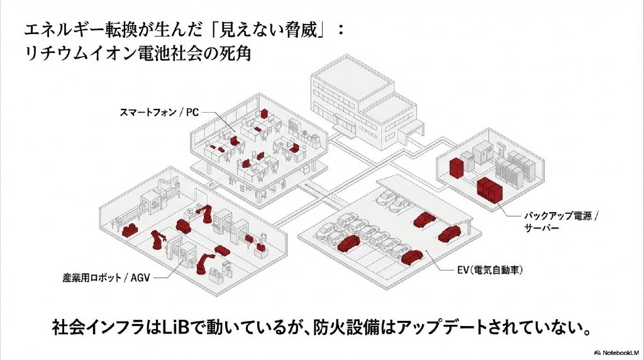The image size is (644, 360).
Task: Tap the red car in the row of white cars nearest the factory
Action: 347,242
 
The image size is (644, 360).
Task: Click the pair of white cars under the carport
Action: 391,201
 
